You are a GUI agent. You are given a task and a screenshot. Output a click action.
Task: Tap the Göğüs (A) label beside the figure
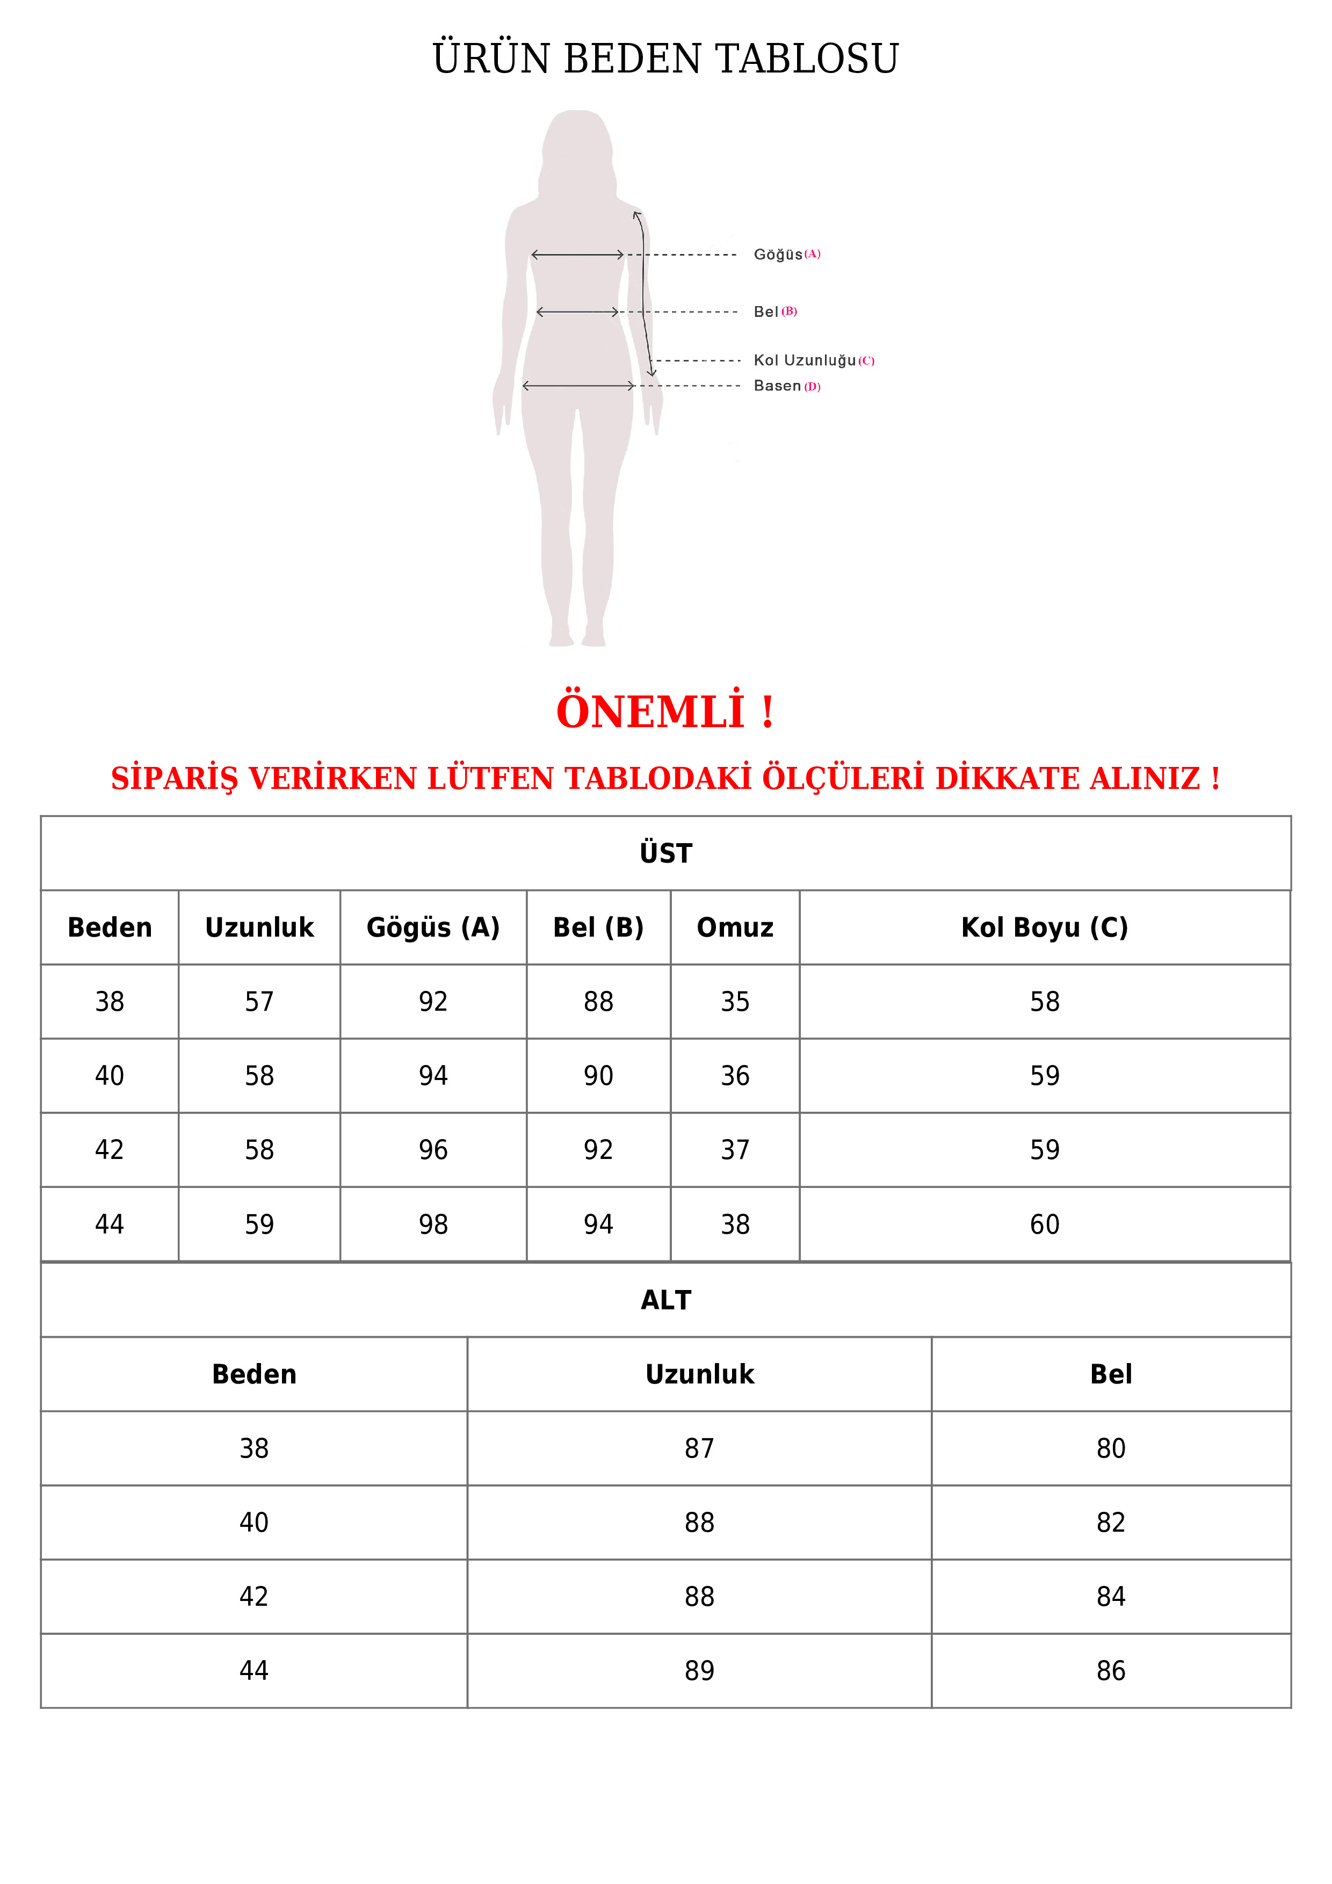coord(786,255)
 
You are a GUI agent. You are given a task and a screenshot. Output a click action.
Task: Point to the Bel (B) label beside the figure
coord(774,312)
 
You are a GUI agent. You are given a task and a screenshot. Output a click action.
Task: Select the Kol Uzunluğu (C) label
coord(813,360)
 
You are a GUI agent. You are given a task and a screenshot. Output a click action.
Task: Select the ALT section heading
coord(665,1300)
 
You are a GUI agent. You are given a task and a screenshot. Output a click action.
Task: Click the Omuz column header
coord(735,927)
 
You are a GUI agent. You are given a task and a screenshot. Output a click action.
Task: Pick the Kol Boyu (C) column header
coord(1044,927)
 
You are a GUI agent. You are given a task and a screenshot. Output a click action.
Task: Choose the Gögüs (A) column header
coord(432,927)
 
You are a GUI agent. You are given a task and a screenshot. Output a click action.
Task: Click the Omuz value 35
coord(735,1002)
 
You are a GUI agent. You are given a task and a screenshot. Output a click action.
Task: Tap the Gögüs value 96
coord(432,1150)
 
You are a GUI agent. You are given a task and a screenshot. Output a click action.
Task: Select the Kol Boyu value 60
coord(1044,1224)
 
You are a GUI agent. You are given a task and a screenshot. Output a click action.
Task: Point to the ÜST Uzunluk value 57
coord(259,1002)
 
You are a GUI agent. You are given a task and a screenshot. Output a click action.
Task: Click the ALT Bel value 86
coord(1110,1671)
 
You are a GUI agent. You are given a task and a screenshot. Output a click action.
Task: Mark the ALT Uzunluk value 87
coord(699,1448)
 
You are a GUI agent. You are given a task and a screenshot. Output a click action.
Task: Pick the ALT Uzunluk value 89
coord(699,1671)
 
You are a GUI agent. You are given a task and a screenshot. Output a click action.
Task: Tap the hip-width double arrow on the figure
coord(578,386)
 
